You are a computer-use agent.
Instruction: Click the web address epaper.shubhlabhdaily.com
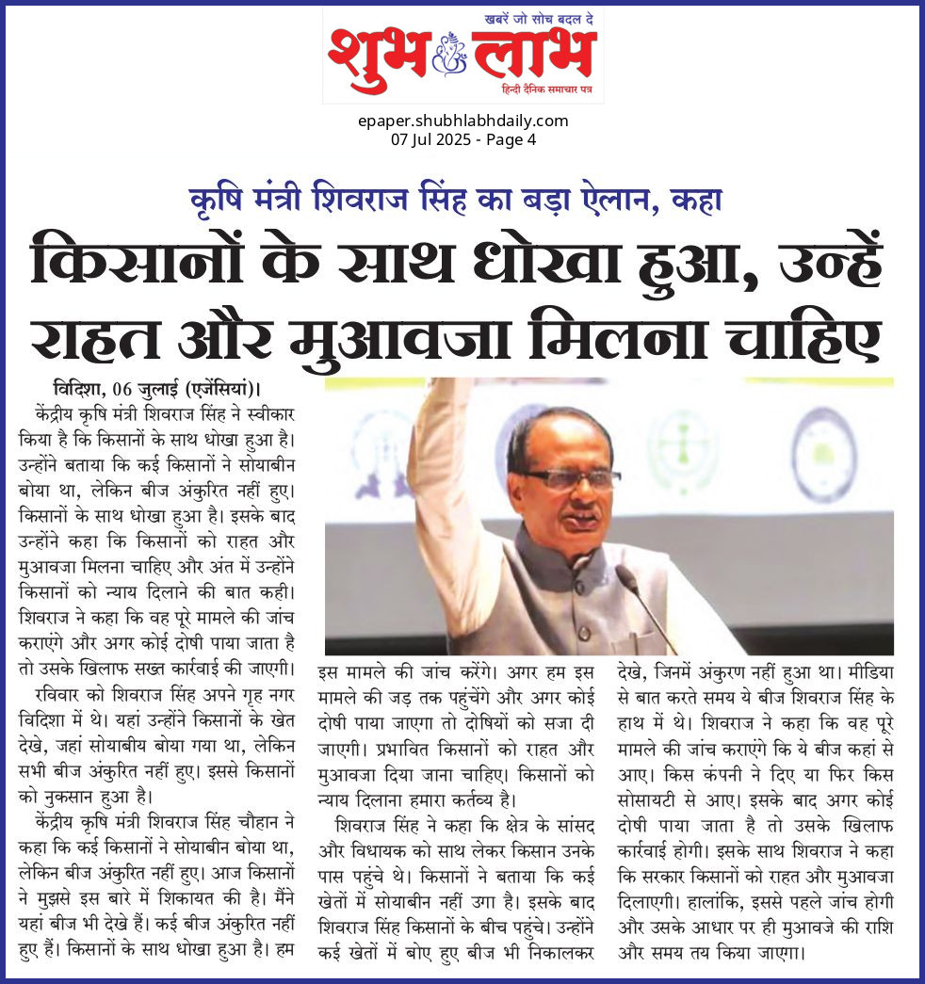[x=463, y=121]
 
